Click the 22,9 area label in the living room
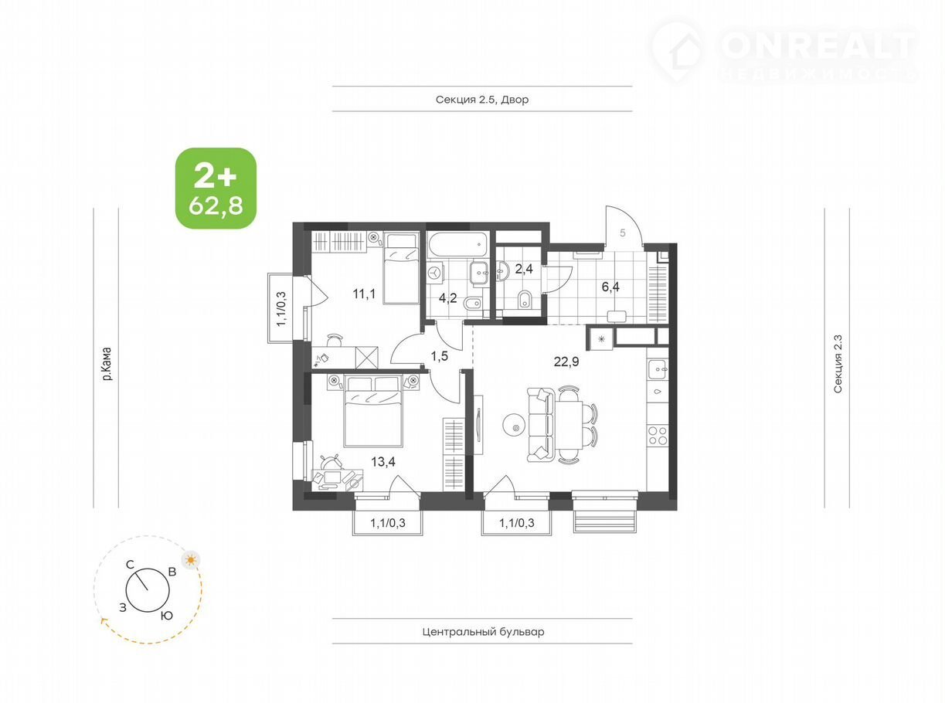point(566,362)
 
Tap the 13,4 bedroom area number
point(383,461)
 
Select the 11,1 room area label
point(364,294)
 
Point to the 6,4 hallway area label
point(610,287)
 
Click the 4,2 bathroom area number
point(448,298)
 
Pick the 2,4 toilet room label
point(524,269)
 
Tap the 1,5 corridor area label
point(439,356)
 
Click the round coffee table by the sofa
point(515,424)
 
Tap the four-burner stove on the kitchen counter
point(658,436)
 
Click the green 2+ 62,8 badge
point(216,188)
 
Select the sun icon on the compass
point(191,559)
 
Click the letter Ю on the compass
point(167,616)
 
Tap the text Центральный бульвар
point(483,631)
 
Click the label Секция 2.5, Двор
point(482,100)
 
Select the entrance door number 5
point(623,233)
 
